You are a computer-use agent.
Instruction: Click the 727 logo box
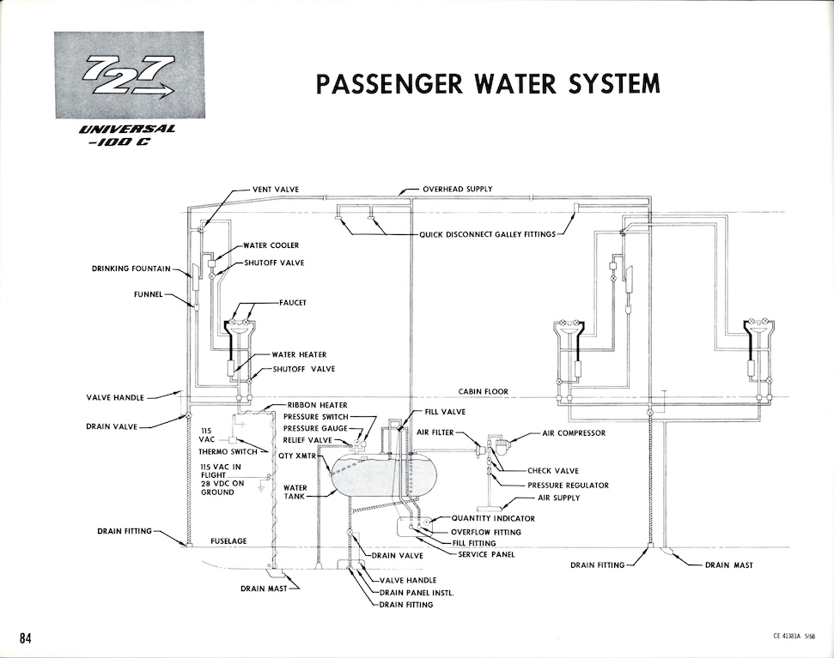129,75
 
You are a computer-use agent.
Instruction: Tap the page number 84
26,637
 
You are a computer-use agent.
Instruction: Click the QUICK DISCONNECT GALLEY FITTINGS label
487,234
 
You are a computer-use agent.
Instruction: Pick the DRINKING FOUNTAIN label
131,269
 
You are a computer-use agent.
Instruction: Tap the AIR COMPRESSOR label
574,433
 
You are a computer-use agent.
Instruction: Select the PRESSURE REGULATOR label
568,486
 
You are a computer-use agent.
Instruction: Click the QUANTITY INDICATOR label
493,518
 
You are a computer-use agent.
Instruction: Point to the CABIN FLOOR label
484,391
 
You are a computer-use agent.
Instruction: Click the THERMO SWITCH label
228,452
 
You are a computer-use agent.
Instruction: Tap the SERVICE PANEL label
486,554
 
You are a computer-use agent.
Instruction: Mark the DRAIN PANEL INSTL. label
417,593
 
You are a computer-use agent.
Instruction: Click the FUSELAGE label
228,541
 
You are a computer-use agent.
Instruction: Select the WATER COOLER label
271,245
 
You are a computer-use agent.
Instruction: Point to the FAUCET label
293,303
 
